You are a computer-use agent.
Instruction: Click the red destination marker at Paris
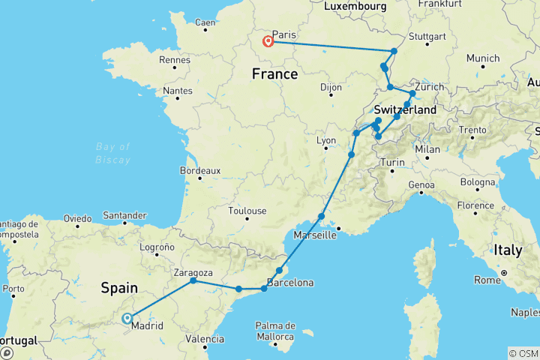pyautogui.click(x=267, y=41)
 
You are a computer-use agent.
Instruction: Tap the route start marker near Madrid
pyautogui.click(x=127, y=318)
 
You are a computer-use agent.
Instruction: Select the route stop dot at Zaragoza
pyautogui.click(x=193, y=280)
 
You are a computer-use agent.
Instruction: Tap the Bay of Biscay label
pyautogui.click(x=113, y=153)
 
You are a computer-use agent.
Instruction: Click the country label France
pyautogui.click(x=274, y=74)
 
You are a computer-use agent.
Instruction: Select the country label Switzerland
pyautogui.click(x=405, y=109)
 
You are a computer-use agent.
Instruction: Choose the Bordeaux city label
pyautogui.click(x=200, y=171)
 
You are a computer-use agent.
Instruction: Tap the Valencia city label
pyautogui.click(x=205, y=339)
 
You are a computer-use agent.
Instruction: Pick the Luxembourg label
pyautogui.click(x=356, y=6)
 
